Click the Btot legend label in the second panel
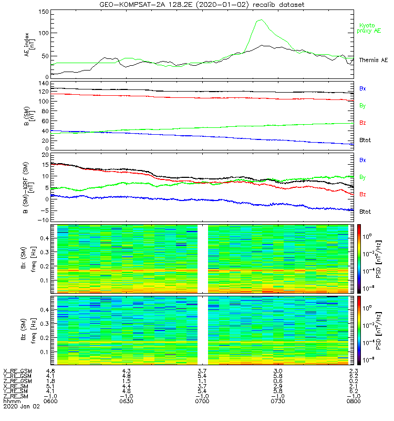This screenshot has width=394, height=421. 365,141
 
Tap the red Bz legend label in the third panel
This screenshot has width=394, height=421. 362,195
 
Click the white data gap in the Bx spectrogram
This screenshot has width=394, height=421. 202,258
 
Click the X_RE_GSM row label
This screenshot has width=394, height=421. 17,372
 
